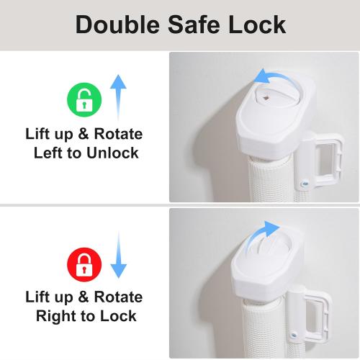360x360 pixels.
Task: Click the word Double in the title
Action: tap(117, 24)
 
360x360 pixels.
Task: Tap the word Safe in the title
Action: tap(194, 24)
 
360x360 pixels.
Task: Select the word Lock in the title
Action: tap(257, 24)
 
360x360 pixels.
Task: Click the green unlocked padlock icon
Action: tap(84, 99)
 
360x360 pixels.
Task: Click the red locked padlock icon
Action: tap(84, 265)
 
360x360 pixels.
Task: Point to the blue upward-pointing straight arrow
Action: tap(118, 97)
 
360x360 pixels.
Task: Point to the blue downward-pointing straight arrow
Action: tap(118, 255)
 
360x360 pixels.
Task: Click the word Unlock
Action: tap(112, 153)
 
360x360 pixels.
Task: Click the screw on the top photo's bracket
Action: tap(305, 184)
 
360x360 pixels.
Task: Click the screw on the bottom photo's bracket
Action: tap(293, 336)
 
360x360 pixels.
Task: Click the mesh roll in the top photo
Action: tap(271, 179)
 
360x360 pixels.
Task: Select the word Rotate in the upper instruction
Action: tap(118, 134)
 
